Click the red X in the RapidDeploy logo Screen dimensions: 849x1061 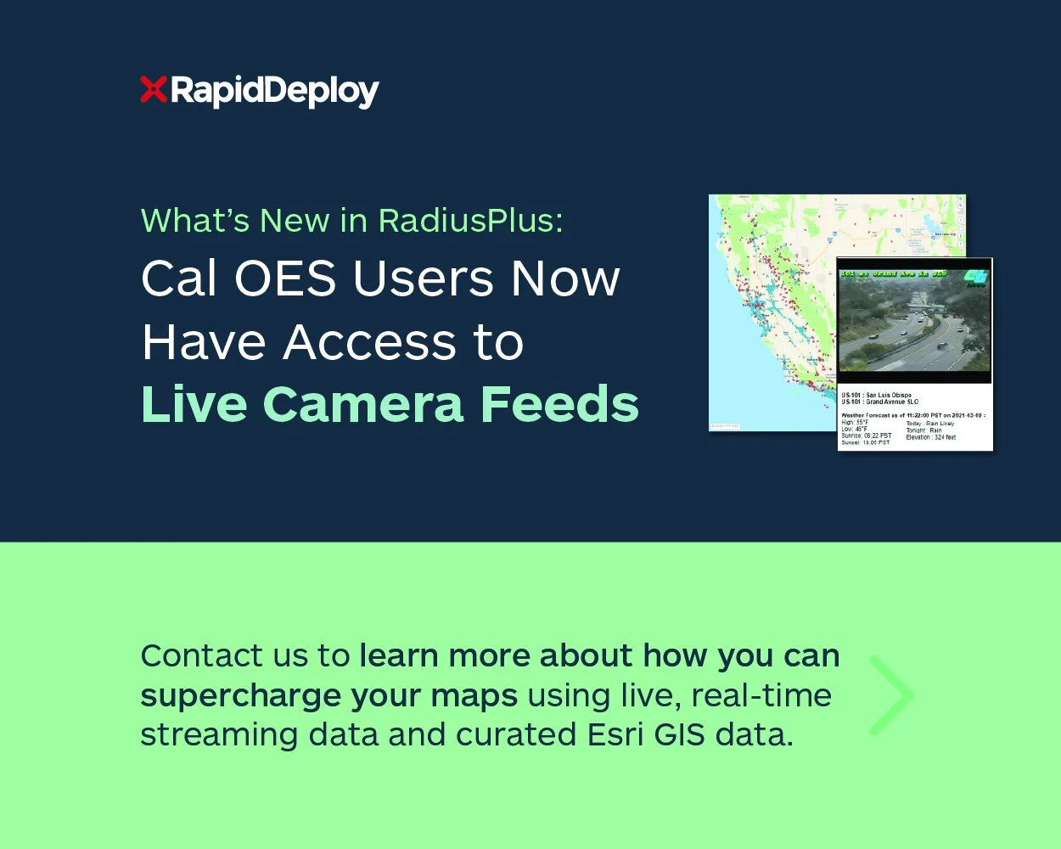(x=153, y=89)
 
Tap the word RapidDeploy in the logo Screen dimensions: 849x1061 (x=274, y=91)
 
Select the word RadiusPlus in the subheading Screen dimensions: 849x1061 (x=470, y=220)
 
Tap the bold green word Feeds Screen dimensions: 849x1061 (x=559, y=404)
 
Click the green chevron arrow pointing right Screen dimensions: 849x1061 (x=891, y=694)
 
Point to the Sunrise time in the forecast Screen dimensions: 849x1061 (x=866, y=436)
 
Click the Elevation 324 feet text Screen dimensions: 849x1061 (x=930, y=436)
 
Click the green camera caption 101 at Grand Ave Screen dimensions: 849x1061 (x=893, y=273)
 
